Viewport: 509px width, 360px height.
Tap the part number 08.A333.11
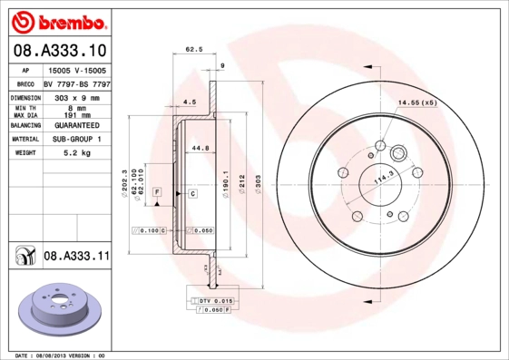76,257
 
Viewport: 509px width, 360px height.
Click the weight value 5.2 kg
76,153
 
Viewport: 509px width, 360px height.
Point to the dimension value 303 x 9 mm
76,95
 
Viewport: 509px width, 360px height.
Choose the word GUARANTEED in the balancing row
76,126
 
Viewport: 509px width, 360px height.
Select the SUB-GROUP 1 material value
76,140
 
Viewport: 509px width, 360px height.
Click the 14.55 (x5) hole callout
417,103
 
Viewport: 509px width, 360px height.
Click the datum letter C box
192,194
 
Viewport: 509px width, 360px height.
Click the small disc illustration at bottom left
56,309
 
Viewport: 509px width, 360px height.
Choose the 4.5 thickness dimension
190,102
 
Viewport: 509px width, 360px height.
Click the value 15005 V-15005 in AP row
76,70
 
